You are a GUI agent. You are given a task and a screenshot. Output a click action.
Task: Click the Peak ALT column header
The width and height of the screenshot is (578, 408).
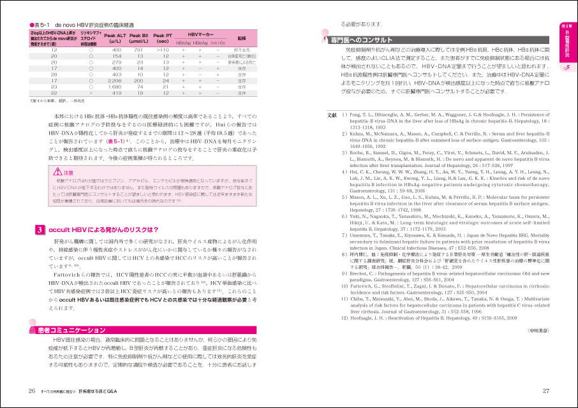click(x=117, y=38)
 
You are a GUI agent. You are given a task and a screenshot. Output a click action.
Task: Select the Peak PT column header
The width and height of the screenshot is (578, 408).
click(x=163, y=38)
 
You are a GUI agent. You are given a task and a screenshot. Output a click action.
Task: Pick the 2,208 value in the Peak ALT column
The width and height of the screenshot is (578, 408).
click(x=115, y=81)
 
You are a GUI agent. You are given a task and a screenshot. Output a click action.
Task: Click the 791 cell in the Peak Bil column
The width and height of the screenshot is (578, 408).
click(x=138, y=49)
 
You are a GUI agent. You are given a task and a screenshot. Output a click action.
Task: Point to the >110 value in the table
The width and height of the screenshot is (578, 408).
click(x=163, y=49)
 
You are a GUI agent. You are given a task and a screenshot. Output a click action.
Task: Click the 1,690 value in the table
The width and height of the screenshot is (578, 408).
click(x=115, y=87)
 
